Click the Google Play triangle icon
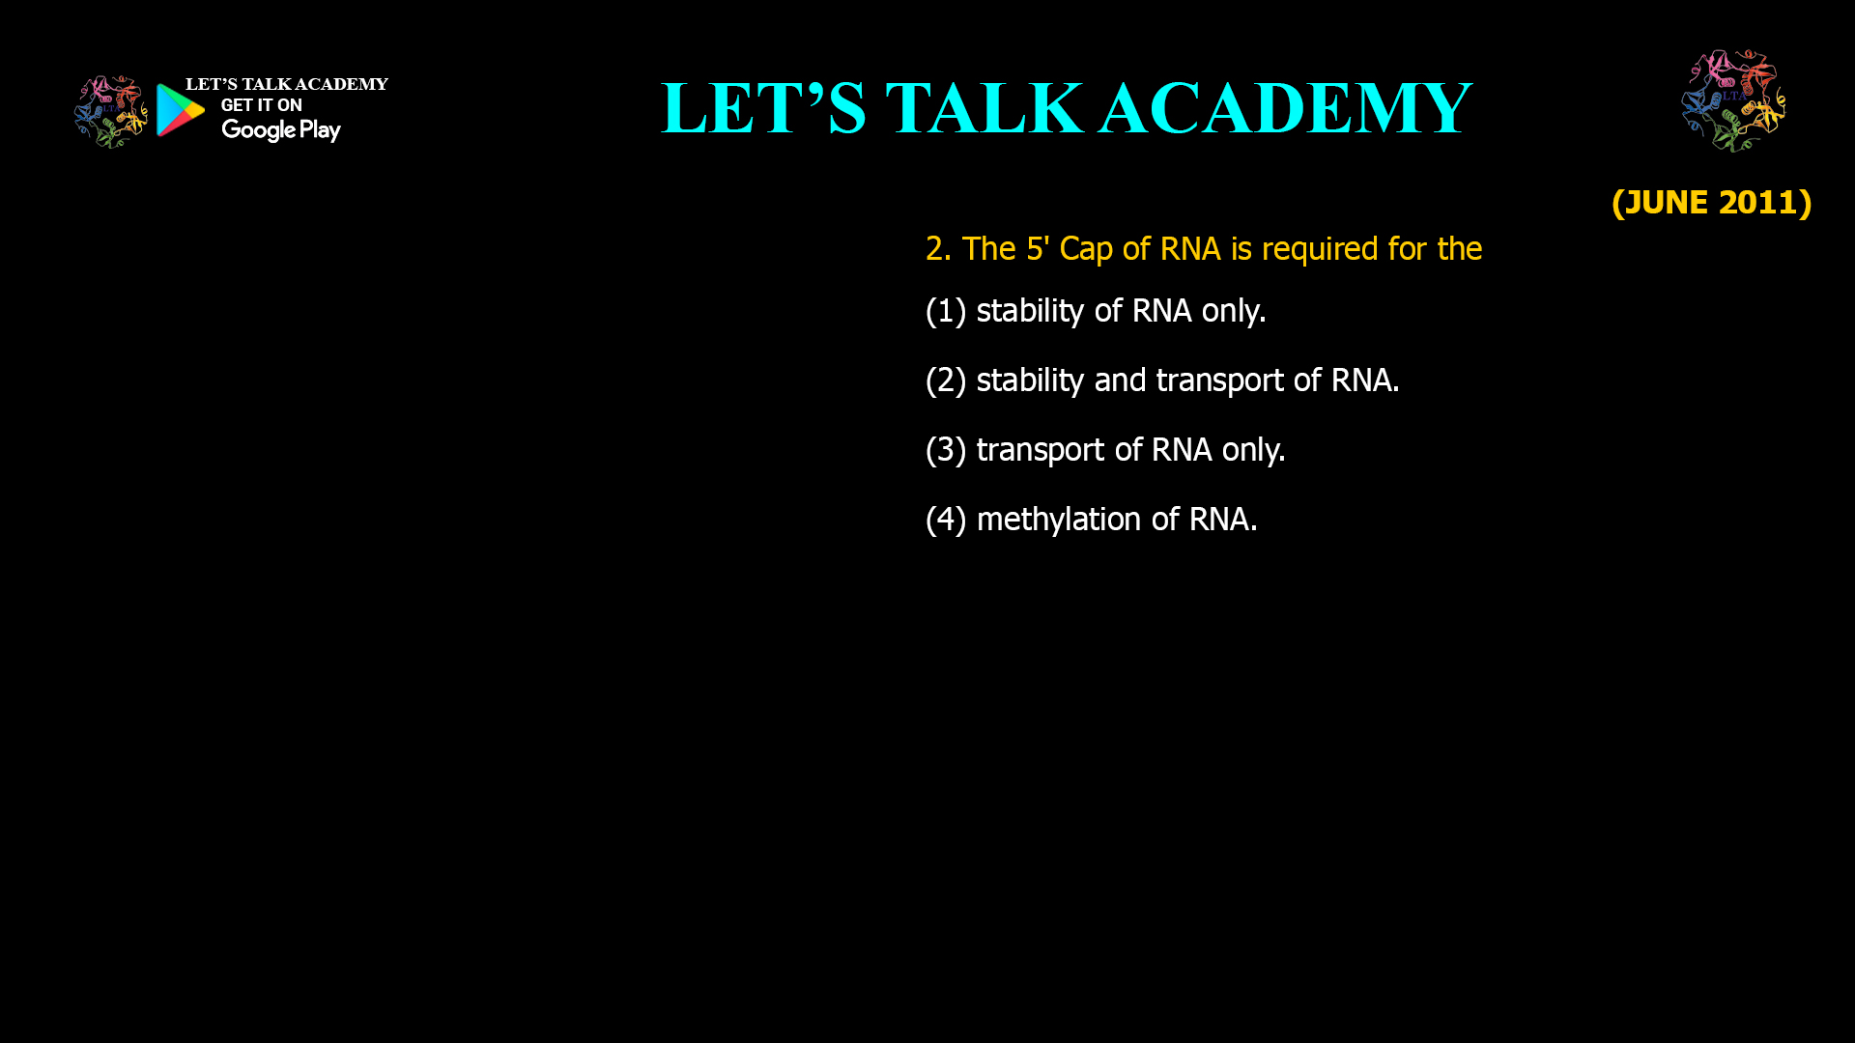coord(181,110)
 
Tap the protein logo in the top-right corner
coord(1733,100)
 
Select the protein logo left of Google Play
coord(111,112)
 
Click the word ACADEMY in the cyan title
coord(1285,108)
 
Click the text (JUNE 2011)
coord(1711,202)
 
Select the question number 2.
coord(936,249)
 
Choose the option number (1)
coord(946,311)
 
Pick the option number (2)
coord(946,381)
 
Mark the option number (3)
coord(946,450)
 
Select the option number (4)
coord(946,520)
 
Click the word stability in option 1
coord(1030,311)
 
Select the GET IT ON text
coord(261,105)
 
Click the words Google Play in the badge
coord(280,130)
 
